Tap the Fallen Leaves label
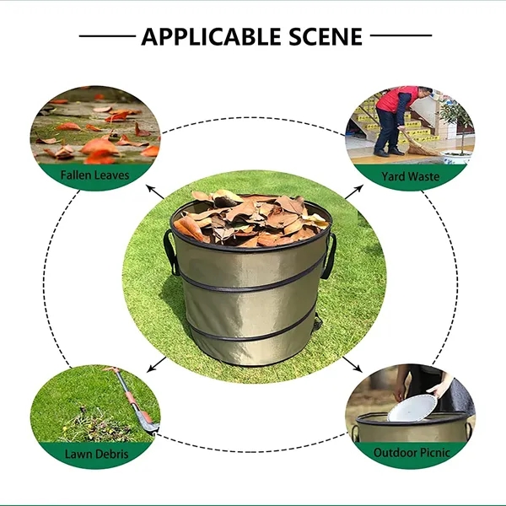point(95,175)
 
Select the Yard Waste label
point(410,175)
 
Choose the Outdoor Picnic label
point(412,453)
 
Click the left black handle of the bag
point(170,251)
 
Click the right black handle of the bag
point(329,256)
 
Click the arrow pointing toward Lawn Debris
point(158,364)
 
